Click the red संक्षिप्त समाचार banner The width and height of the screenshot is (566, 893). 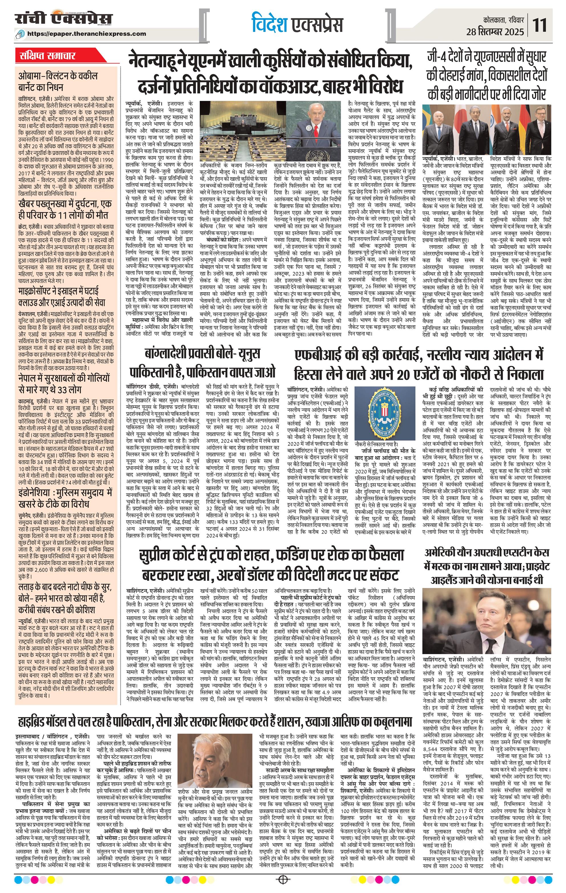[x=48, y=57]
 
